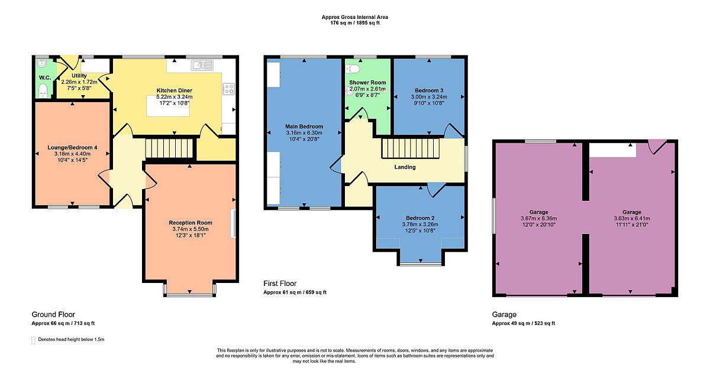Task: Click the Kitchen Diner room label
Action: click(175, 90)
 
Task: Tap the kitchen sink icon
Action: click(202, 65)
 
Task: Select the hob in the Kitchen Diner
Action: click(228, 89)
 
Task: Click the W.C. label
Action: click(45, 77)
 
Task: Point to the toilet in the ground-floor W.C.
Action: click(43, 90)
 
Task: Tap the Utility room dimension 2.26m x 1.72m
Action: click(79, 82)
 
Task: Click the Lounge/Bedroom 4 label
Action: click(72, 148)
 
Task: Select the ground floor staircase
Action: click(169, 148)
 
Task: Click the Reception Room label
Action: click(191, 223)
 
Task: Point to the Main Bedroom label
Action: click(304, 126)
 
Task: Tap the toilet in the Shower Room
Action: click(352, 69)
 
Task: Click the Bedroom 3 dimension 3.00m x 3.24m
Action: click(429, 97)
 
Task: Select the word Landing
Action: click(405, 167)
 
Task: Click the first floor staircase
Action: click(411, 148)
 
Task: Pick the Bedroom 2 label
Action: click(420, 218)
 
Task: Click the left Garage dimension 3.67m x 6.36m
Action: click(539, 219)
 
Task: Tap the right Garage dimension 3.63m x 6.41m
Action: click(632, 219)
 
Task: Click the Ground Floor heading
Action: click(53, 314)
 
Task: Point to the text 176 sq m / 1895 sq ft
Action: click(355, 23)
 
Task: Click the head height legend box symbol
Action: click(33, 340)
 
